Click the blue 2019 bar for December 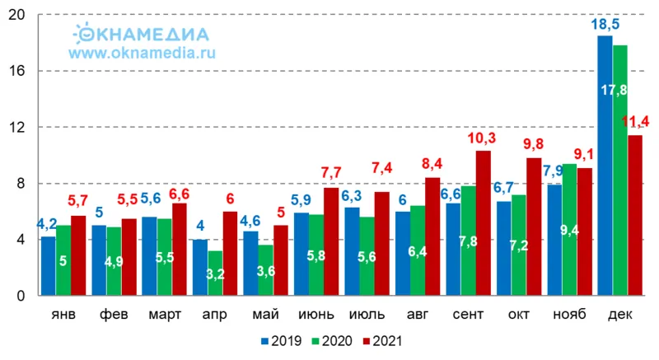(x=605, y=165)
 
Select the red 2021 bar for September (x=483, y=222)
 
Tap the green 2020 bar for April (x=214, y=273)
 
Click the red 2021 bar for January (x=78, y=255)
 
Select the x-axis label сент (x=468, y=314)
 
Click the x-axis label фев (x=113, y=314)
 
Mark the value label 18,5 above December (x=605, y=26)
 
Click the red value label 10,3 (x=482, y=137)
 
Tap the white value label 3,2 (x=214, y=274)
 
